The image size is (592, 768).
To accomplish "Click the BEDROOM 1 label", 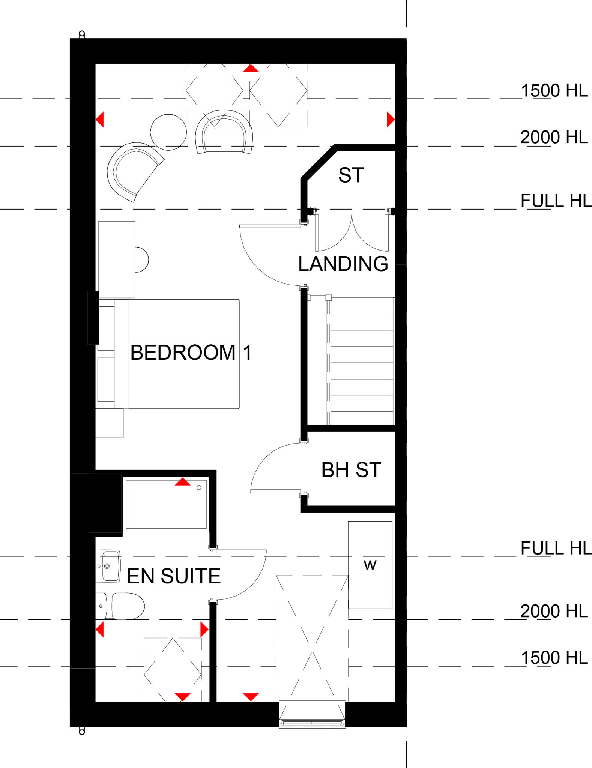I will [191, 352].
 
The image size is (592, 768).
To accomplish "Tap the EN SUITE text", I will [174, 576].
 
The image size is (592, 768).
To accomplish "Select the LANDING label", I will [343, 264].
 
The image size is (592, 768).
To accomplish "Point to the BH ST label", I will [351, 470].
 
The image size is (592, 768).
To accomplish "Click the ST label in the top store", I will [351, 175].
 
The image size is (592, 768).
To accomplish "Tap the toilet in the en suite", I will [124, 606].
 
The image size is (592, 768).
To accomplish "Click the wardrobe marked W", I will [370, 565].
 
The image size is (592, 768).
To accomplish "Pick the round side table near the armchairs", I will [168, 132].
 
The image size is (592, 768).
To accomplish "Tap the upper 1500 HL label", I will [554, 91].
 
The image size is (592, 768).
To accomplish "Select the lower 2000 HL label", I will [554, 611].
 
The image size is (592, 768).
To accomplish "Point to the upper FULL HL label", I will [556, 201].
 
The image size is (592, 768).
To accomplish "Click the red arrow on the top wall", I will [251, 68].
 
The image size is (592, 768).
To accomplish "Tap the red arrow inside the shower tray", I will [183, 482].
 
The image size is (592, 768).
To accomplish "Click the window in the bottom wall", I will [312, 722].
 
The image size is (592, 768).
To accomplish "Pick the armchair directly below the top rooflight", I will [224, 132].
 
